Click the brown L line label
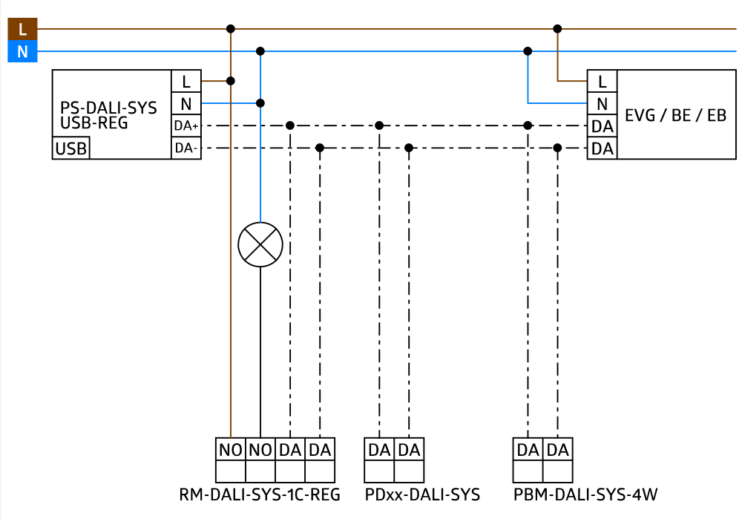[x=22, y=29]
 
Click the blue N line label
[x=22, y=51]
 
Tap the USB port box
[x=70, y=148]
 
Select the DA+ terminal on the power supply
[x=186, y=126]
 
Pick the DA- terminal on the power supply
[x=186, y=148]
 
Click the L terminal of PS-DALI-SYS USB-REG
[x=186, y=81]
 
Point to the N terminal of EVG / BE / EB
[x=602, y=103]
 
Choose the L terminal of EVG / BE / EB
[x=602, y=81]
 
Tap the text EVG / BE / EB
[x=675, y=114]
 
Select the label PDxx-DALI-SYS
[x=421, y=494]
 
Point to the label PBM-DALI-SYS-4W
[x=585, y=494]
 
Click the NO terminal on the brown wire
[x=231, y=449]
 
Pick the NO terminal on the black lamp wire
[x=260, y=449]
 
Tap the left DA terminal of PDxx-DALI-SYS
[x=379, y=449]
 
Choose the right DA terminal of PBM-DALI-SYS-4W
[x=557, y=449]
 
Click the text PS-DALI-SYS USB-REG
[x=108, y=115]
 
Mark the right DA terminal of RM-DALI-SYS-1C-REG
[x=320, y=449]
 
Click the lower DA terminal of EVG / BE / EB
[x=602, y=148]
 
